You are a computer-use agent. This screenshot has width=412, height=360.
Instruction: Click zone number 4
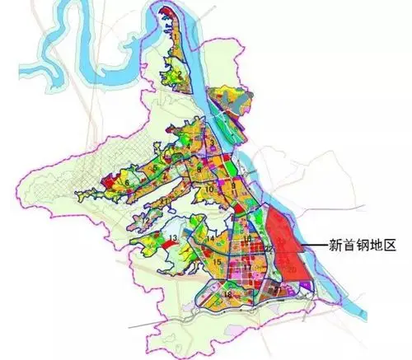[x=189, y=147]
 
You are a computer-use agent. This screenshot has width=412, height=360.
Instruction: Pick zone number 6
[x=126, y=181]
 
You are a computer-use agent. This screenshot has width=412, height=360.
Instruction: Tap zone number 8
[x=199, y=169]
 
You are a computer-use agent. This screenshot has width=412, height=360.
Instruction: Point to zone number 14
[x=211, y=239]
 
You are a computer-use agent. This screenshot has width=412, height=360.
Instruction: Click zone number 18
[x=227, y=294]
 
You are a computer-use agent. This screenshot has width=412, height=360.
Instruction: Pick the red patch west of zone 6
[x=106, y=181]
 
